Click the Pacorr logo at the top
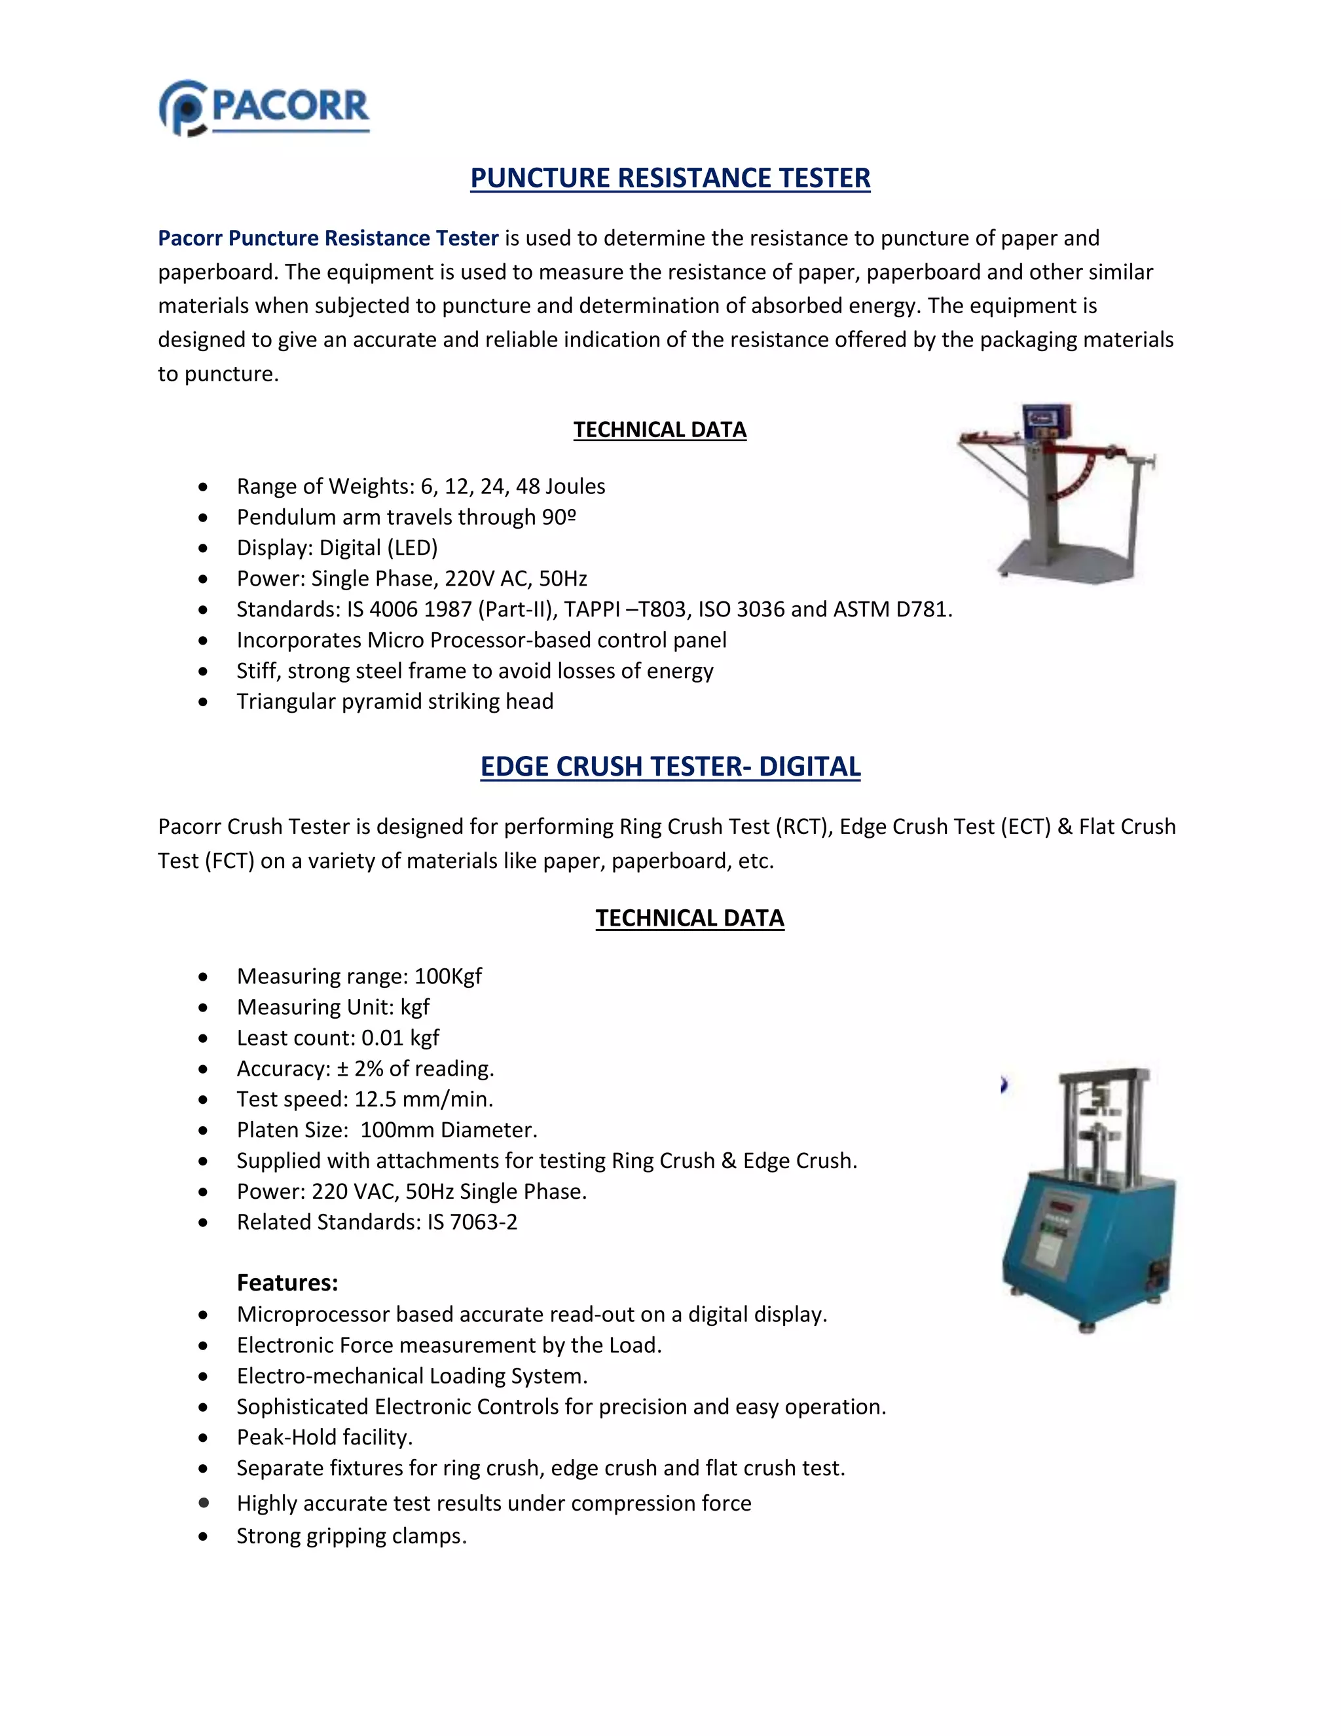[x=265, y=108]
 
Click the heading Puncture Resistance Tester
[x=670, y=178]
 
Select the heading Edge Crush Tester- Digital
[x=670, y=766]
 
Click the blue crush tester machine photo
[x=1087, y=1199]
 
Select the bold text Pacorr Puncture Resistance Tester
[x=327, y=238]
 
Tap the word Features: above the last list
[x=287, y=1283]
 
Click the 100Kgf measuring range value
[x=448, y=976]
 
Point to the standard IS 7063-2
[x=472, y=1222]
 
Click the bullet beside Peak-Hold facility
[x=204, y=1438]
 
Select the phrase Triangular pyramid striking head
[x=395, y=702]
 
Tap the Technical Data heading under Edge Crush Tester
[x=689, y=918]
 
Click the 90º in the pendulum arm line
[x=559, y=518]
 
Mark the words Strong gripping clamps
[x=351, y=1536]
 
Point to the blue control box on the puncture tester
[x=1046, y=421]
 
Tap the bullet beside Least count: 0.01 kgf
[x=204, y=1038]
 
